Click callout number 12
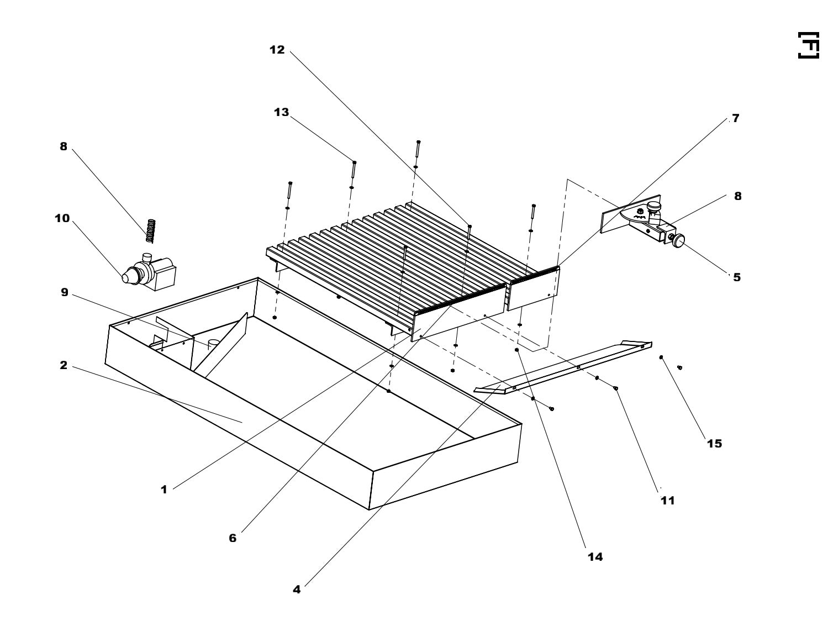click(277, 50)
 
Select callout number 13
click(281, 112)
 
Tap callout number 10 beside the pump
click(62, 218)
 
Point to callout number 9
click(65, 292)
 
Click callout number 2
click(64, 365)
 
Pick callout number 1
click(164, 489)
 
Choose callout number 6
click(233, 538)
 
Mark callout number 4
click(297, 590)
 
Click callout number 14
click(595, 557)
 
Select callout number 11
click(667, 501)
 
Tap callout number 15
click(714, 443)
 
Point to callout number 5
click(737, 277)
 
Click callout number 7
click(735, 118)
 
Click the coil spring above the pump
click(150, 230)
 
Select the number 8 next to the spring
click(64, 146)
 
